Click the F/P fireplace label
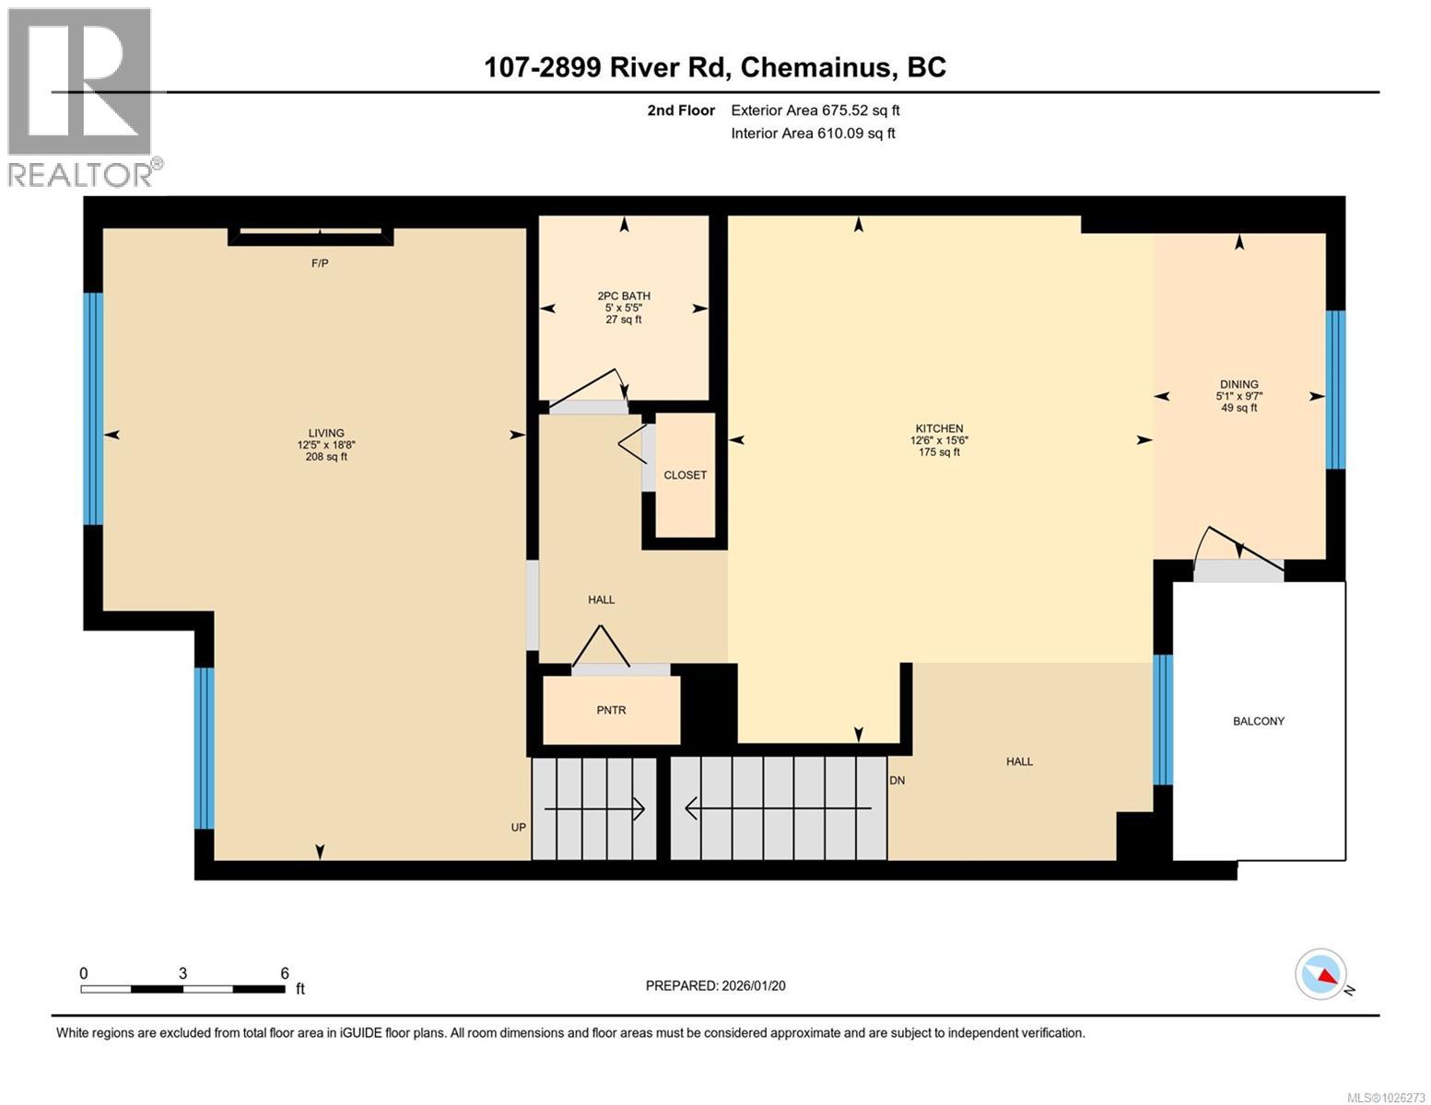tap(320, 263)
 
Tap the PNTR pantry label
tap(611, 710)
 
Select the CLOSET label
tap(685, 475)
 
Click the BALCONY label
tap(1258, 721)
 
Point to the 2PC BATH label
tap(624, 296)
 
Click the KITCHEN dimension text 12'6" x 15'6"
tap(939, 440)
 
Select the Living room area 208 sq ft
tap(326, 457)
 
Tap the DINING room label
tap(1238, 384)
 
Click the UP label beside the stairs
tap(519, 827)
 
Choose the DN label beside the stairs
tap(897, 780)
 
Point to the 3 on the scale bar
tap(183, 973)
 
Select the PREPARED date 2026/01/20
tap(715, 985)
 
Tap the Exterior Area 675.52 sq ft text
tap(815, 110)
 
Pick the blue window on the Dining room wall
tap(1335, 390)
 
